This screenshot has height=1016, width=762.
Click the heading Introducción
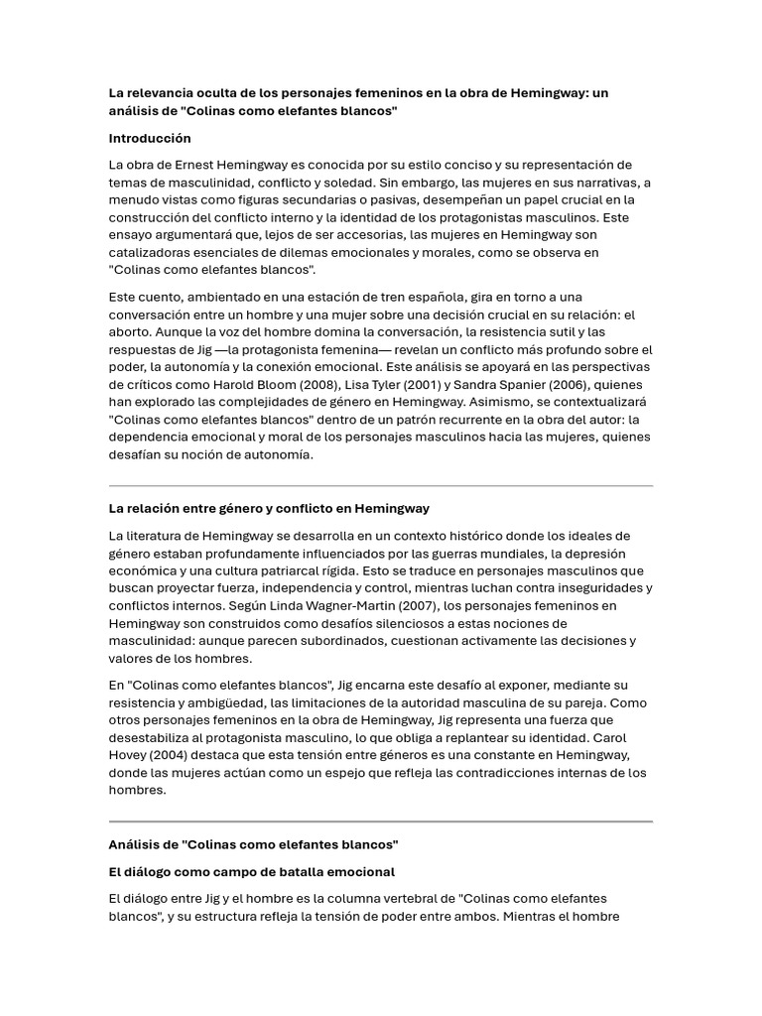[x=150, y=138]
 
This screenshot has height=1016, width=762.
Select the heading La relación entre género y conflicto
[x=269, y=508]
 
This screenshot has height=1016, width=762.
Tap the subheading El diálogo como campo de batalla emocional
[x=251, y=871]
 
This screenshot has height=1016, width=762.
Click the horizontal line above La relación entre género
[x=380, y=486]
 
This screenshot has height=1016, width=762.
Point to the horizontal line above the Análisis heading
[x=380, y=822]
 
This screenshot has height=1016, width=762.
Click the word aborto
[x=130, y=331]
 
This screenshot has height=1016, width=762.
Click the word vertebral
[x=391, y=898]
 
